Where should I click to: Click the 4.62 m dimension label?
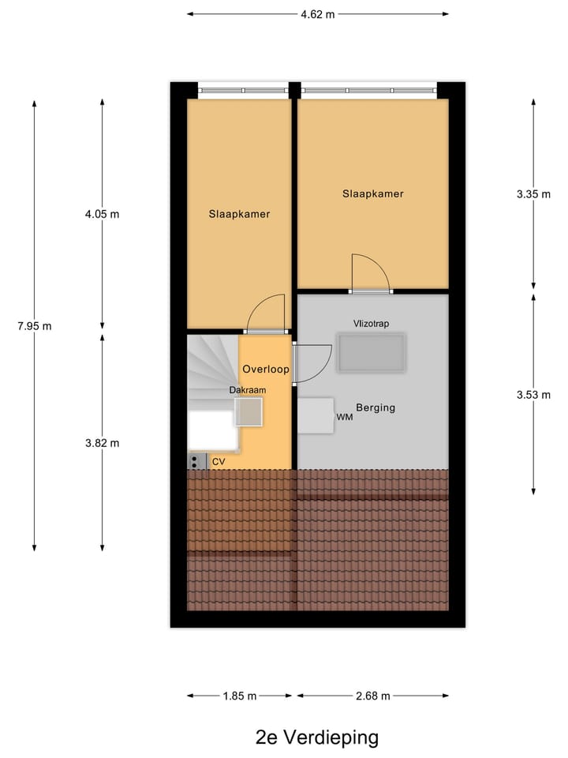(x=319, y=14)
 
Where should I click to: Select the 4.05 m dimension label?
(x=103, y=214)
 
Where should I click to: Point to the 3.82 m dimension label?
(x=103, y=443)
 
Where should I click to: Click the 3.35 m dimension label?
(x=533, y=194)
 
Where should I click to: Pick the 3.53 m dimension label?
(x=533, y=395)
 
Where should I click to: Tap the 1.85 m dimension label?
(x=240, y=696)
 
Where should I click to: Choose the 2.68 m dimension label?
(x=372, y=696)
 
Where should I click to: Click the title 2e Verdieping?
(x=317, y=738)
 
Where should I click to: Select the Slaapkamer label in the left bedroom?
(x=239, y=214)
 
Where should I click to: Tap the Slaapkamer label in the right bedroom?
(x=372, y=194)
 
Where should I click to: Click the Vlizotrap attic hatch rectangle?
(x=372, y=353)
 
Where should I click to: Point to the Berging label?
(x=376, y=408)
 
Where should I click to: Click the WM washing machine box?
(x=316, y=415)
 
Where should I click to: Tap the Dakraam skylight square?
(x=248, y=412)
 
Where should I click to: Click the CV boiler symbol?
(x=196, y=462)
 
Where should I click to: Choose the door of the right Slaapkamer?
(x=370, y=274)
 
